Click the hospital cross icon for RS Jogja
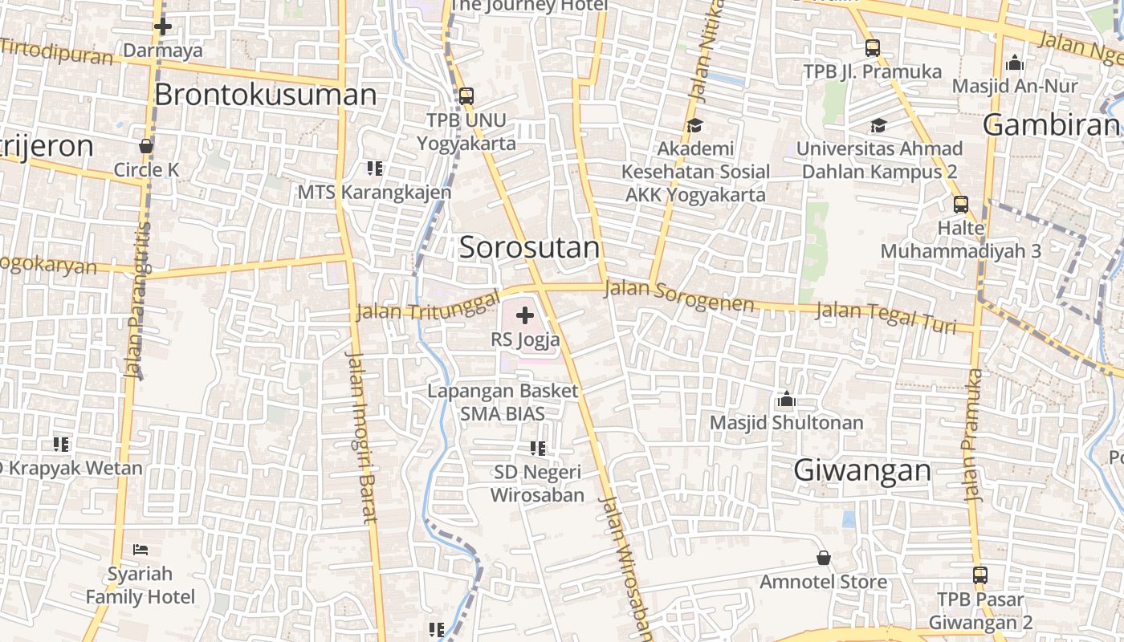[525, 315]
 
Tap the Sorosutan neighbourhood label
[529, 247]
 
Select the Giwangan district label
[862, 470]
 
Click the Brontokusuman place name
[265, 95]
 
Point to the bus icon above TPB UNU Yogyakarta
[466, 97]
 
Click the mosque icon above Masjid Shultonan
[786, 399]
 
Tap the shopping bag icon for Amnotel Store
[823, 558]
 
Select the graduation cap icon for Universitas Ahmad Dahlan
[878, 126]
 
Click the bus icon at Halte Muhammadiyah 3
[960, 205]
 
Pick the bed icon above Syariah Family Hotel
[140, 550]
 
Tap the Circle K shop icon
[146, 146]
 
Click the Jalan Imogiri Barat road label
[360, 437]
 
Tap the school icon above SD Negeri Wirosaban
[537, 449]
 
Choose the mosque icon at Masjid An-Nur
[1015, 63]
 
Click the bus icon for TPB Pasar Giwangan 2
[980, 575]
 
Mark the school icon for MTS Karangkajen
[374, 169]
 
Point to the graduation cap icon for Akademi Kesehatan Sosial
[694, 126]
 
